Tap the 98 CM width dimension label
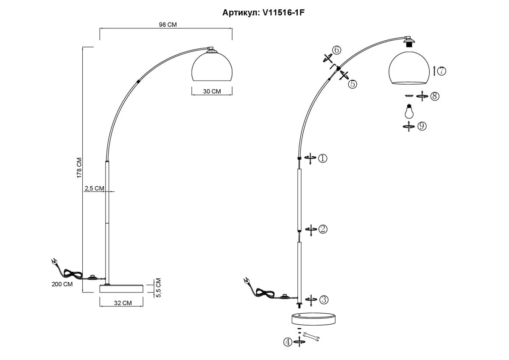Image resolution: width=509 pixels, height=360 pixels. pos(168,25)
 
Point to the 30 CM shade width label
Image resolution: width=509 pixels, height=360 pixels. pos(212,91)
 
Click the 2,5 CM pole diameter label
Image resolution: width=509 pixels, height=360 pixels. pos(94,188)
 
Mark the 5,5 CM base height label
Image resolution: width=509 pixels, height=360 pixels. pos(158,288)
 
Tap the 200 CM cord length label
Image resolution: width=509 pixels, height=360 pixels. pos(62,284)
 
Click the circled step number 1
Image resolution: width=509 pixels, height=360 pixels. pos(323,158)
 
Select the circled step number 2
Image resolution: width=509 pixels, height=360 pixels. pos(323,229)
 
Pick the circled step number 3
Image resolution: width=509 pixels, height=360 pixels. pos(324,300)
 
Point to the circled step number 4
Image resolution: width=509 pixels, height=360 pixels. pos(288,341)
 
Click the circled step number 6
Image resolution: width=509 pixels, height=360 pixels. pos(336,50)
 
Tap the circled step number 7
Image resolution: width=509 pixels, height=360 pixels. pos(442,71)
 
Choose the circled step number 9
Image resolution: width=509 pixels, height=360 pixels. pos(422,126)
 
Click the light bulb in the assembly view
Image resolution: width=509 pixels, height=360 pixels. pos(408,112)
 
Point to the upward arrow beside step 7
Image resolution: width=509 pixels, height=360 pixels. pos(434,71)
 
